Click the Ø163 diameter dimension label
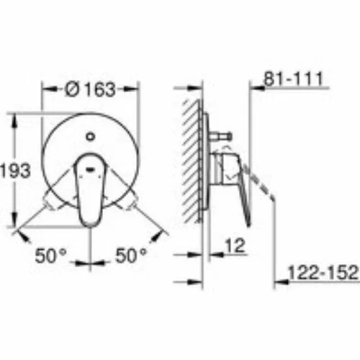[90, 89]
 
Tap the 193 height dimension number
[15, 171]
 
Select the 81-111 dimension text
[293, 78]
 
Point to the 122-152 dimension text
[323, 272]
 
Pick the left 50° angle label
[50, 256]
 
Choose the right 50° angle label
[131, 256]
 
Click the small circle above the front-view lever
[91, 137]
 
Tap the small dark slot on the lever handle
[91, 169]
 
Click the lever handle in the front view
[89, 189]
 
